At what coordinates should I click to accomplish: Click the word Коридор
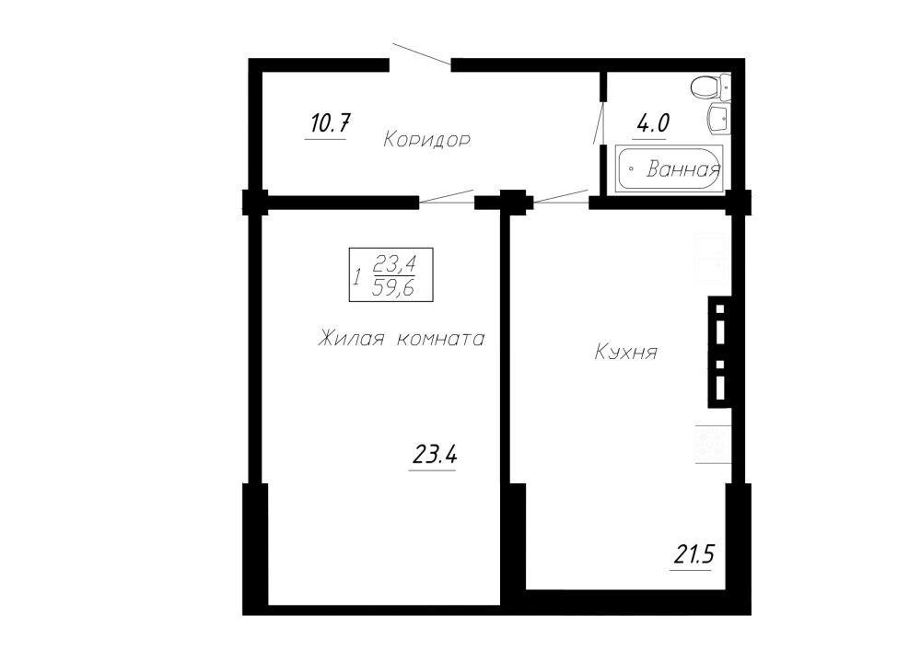click(426, 140)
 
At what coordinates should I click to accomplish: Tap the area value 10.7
click(330, 123)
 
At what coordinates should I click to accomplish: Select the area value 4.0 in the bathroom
click(653, 123)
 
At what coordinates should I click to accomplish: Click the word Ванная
click(683, 169)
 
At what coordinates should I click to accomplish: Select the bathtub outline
click(669, 168)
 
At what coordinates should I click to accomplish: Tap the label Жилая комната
click(402, 340)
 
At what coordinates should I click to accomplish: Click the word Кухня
click(626, 353)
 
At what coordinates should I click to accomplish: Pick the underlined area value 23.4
click(435, 455)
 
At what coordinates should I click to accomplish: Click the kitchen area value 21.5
click(694, 553)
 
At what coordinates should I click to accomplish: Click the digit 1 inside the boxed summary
click(356, 276)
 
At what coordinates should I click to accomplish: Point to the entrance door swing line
click(422, 54)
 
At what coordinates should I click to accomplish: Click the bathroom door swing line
click(600, 122)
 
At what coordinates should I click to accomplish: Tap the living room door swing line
click(447, 197)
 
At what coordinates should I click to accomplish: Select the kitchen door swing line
click(561, 196)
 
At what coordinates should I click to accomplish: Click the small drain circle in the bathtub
click(631, 168)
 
